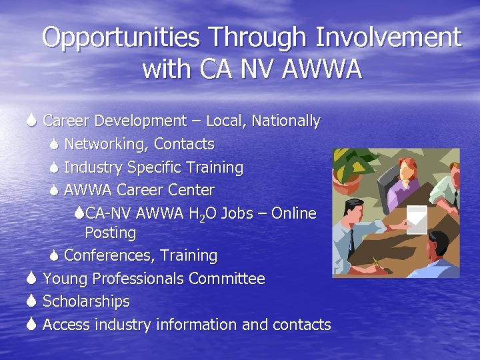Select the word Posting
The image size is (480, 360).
pos(110,233)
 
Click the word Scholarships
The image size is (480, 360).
pos(86,301)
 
